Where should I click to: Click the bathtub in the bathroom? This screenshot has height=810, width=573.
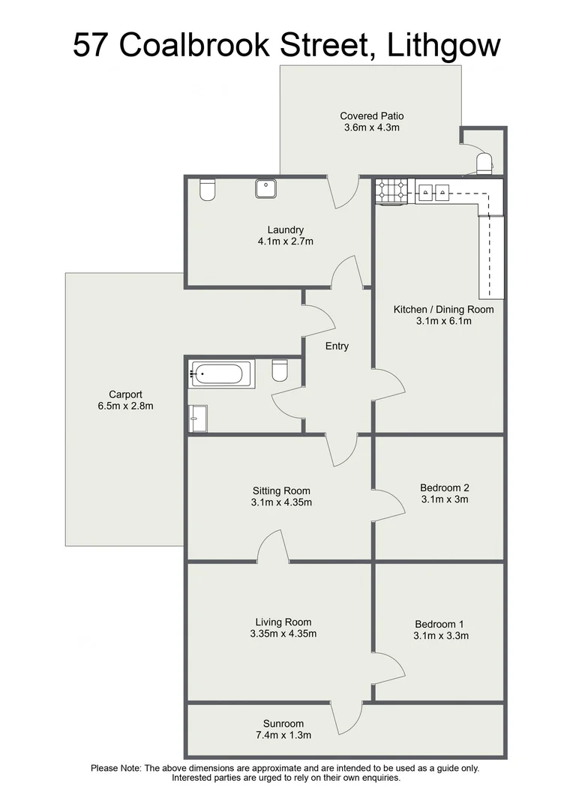coord(223,373)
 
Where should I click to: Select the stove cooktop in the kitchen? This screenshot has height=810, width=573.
coord(392,191)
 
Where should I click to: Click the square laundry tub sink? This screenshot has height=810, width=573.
coord(266,189)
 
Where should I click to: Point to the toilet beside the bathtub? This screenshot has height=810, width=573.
coord(280,370)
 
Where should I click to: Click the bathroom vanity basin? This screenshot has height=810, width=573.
coord(199,418)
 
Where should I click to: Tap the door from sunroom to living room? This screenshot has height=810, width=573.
coord(346,718)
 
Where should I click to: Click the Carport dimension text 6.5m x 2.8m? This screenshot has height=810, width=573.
coord(125,406)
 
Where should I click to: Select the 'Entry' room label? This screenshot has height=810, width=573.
coord(337,346)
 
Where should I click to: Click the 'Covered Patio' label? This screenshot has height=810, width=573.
coord(371,115)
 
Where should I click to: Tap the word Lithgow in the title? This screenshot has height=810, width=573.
coord(443,46)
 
